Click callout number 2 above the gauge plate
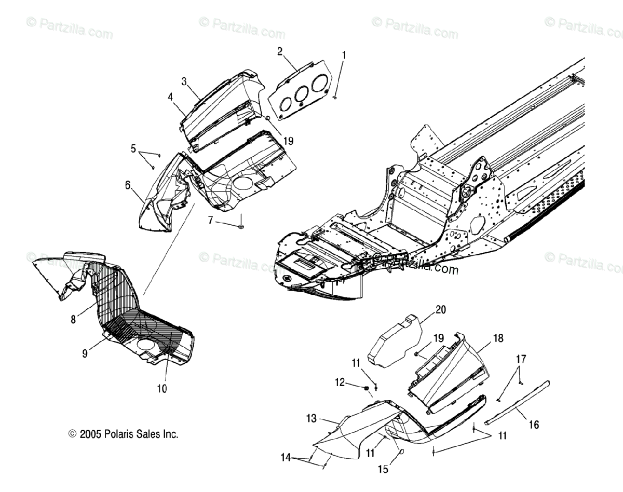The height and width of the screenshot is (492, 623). [x=280, y=51]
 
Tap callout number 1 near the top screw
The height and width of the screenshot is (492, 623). [x=343, y=54]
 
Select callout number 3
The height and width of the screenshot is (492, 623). [x=184, y=81]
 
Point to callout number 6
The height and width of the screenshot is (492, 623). [x=128, y=185]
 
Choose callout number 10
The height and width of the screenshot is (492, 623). [x=162, y=388]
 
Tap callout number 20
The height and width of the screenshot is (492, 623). [x=441, y=310]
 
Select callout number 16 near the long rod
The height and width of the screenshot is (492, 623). [x=534, y=425]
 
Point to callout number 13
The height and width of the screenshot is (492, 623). [x=311, y=418]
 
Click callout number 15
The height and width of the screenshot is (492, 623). [x=383, y=470]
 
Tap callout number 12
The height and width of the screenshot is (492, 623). [x=340, y=382]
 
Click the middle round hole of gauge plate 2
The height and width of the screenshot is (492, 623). [x=301, y=93]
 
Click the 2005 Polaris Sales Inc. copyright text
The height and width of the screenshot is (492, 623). [x=124, y=434]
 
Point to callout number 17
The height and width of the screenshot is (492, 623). [x=521, y=359]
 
